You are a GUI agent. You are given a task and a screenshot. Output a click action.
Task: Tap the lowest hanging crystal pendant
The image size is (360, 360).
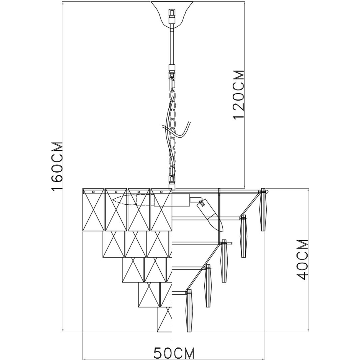click(x=189, y=310)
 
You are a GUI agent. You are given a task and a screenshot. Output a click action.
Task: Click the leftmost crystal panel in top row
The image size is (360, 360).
click(x=94, y=210)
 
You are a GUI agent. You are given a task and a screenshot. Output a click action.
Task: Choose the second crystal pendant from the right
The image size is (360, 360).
click(x=243, y=235)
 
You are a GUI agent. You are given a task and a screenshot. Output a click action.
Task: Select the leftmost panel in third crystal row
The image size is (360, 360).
click(x=133, y=270)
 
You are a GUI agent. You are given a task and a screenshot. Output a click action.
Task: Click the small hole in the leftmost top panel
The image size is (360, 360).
click(x=94, y=191)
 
